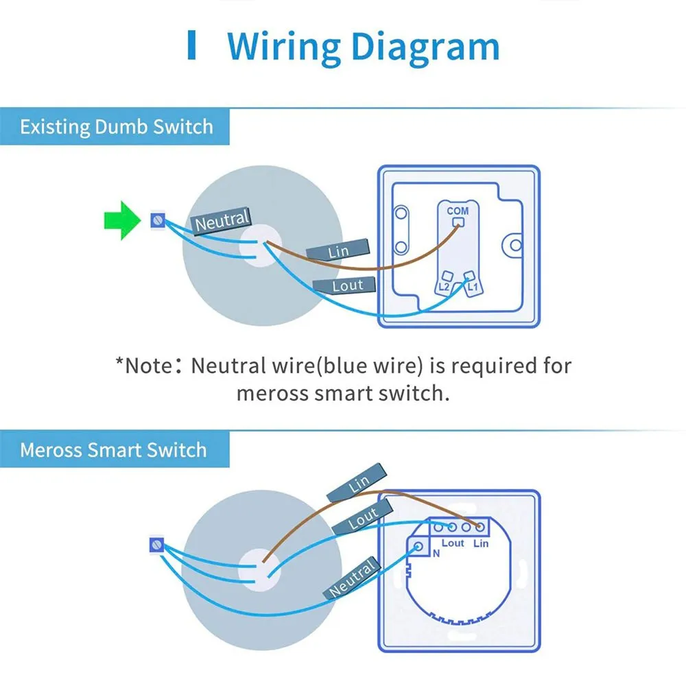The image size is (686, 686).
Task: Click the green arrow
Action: click(123, 220)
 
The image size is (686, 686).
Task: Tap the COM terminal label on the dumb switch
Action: click(458, 211)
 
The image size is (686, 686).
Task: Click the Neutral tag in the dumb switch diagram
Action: click(222, 221)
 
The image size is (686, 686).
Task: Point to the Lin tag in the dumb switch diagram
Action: click(338, 250)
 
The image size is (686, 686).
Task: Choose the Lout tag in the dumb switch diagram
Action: click(345, 285)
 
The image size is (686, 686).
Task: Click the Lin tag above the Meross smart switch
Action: click(357, 483)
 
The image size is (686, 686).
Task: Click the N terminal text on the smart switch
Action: click(436, 554)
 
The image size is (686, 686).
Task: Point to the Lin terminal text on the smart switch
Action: click(481, 543)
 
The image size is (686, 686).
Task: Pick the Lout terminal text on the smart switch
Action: click(452, 543)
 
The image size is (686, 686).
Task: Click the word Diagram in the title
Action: click(425, 47)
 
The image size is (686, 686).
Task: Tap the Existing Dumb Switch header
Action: click(117, 127)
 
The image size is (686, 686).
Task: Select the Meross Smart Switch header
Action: click(113, 450)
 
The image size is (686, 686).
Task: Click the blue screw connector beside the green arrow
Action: click(158, 220)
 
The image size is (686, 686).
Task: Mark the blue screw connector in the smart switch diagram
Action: click(156, 545)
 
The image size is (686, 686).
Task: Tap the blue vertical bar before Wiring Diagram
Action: click(191, 45)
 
